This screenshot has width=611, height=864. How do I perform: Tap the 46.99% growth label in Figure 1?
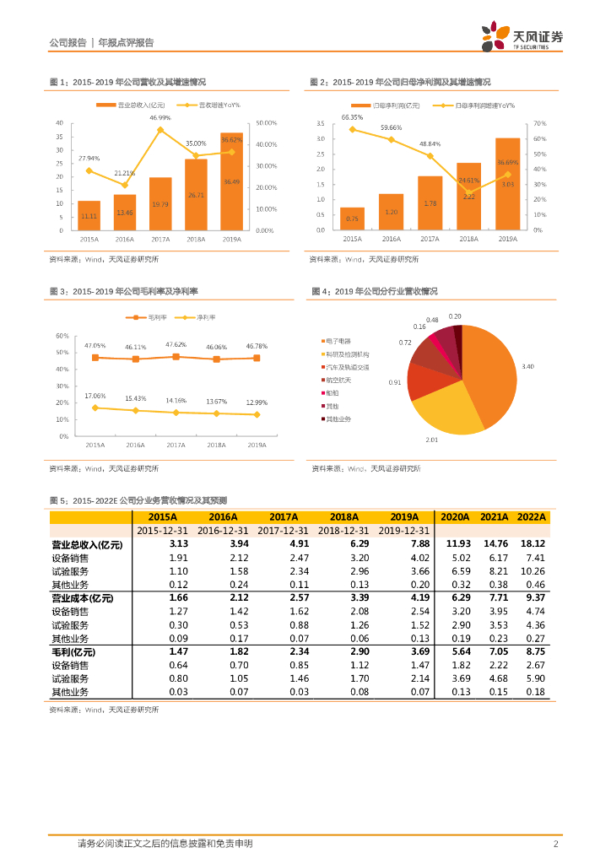point(160,118)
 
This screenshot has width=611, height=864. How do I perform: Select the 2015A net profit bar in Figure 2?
point(352,219)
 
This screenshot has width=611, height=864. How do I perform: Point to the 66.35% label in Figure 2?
point(352,117)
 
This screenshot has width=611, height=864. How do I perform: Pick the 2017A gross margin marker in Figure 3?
point(176,357)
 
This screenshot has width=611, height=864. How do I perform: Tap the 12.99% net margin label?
point(257,402)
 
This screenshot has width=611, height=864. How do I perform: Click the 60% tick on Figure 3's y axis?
point(62,336)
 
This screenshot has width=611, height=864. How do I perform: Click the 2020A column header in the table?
point(455,517)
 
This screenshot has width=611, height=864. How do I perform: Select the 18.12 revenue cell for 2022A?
point(533,544)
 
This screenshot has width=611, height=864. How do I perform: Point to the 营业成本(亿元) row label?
point(82,598)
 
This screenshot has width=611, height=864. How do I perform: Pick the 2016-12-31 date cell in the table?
point(223,531)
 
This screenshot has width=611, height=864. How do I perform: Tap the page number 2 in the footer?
point(555,844)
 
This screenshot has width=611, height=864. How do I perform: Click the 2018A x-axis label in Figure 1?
point(196,240)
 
